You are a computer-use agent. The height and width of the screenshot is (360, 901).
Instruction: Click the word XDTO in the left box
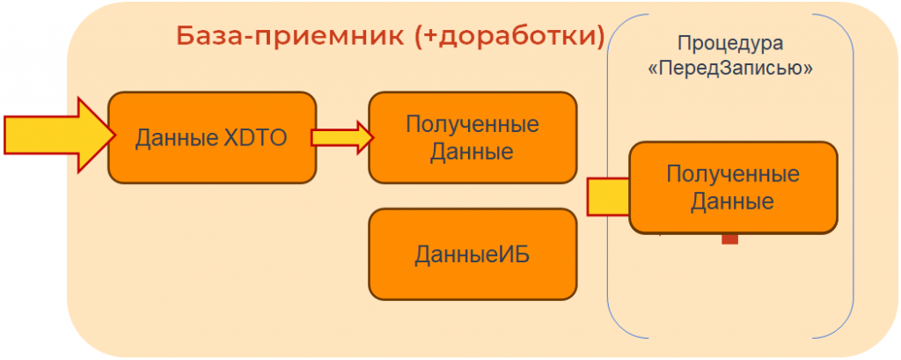254,137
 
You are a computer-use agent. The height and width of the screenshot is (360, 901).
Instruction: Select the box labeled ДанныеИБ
472,254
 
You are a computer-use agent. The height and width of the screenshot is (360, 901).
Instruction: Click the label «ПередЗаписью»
729,69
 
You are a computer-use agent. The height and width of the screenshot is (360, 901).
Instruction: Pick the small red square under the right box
729,238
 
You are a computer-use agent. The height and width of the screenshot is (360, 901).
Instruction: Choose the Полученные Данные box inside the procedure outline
732,187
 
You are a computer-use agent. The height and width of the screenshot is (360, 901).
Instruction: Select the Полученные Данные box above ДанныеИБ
472,137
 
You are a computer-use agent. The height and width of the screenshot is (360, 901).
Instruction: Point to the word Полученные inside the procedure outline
732,174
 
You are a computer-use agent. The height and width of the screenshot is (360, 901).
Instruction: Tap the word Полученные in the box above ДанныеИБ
472,124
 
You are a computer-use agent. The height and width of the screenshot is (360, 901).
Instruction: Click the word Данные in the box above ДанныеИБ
472,151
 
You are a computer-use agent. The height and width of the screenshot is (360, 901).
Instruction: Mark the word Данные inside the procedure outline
732,202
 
